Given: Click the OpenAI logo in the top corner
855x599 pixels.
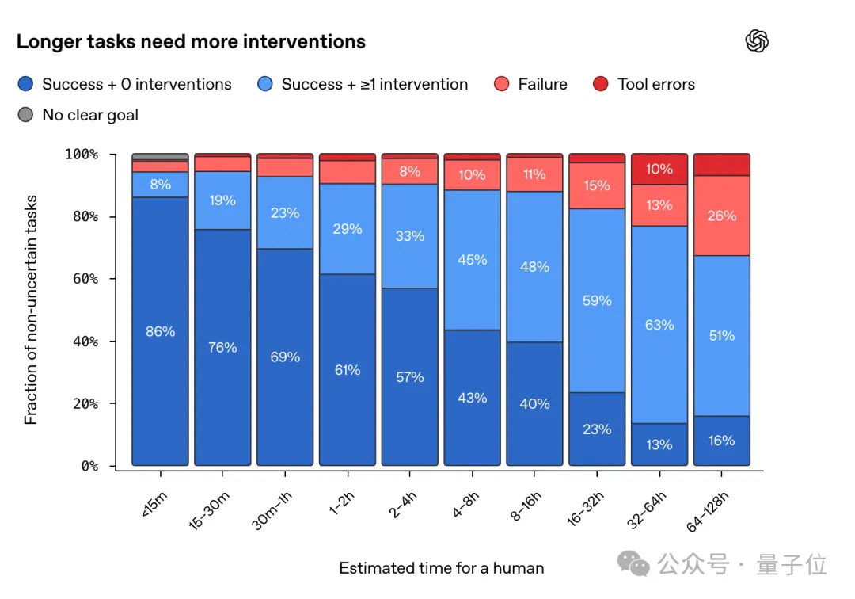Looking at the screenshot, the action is click(757, 41).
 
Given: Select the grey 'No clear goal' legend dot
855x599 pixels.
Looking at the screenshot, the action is click(25, 115).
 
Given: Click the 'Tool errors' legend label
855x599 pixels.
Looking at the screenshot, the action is click(656, 84).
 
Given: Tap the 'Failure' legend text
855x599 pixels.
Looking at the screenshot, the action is click(542, 84).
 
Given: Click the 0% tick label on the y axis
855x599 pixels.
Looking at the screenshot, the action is click(90, 466).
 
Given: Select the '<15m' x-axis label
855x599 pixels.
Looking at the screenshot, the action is click(154, 505).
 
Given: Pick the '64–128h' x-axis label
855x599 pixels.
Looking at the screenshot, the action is click(707, 512).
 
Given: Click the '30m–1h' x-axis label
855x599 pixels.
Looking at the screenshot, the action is click(272, 510).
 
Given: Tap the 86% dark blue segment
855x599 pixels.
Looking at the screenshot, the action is click(160, 331).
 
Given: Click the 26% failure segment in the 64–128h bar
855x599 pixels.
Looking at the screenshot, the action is click(721, 216).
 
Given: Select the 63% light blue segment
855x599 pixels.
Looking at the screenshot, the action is click(659, 325).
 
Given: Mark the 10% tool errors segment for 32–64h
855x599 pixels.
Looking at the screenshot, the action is click(659, 169).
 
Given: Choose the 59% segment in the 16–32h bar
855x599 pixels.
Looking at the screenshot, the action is click(597, 300).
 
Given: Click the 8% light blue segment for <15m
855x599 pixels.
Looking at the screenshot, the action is click(160, 185).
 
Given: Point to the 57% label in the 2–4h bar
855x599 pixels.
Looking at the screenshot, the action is click(409, 377).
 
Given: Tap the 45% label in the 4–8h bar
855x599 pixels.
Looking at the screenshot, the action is click(472, 260).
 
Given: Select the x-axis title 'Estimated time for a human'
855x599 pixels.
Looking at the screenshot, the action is click(442, 568).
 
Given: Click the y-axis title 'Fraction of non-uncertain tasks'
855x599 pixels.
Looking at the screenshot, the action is click(31, 310).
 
